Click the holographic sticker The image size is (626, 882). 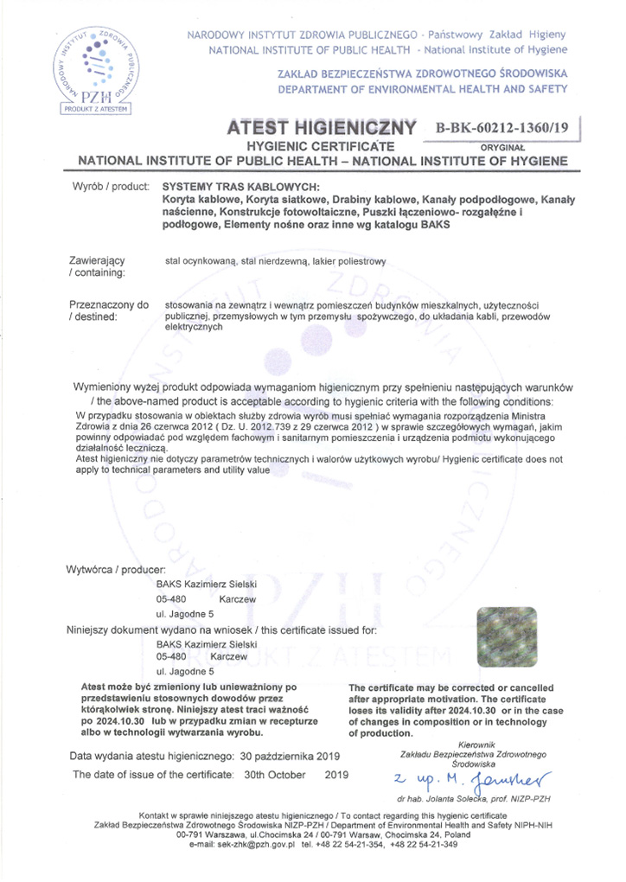point(506,637)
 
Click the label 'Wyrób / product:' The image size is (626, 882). point(108,186)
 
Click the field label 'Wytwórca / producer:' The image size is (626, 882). point(109,569)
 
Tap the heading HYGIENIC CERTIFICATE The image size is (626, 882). point(321,146)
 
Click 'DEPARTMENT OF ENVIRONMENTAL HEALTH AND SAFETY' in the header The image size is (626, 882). point(422,89)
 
